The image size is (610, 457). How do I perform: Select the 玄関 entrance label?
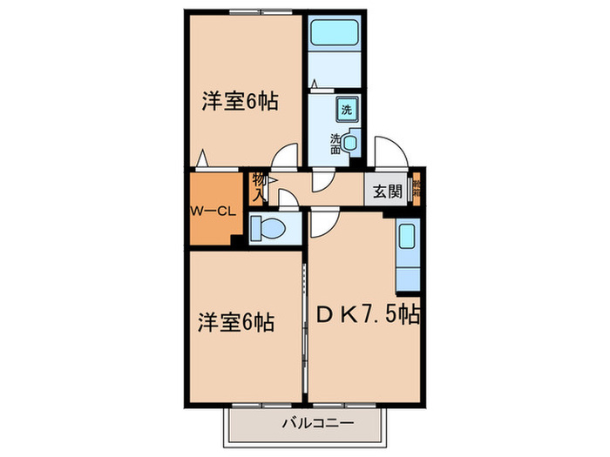pyautogui.click(x=388, y=192)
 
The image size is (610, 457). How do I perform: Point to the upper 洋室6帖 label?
pyautogui.click(x=240, y=102)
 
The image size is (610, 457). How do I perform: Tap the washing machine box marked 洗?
pyautogui.click(x=347, y=110)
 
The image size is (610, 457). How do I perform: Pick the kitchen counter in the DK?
pyautogui.click(x=407, y=256)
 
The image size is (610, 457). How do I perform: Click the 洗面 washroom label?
pyautogui.click(x=335, y=144)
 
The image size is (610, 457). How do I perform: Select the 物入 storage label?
pyautogui.click(x=259, y=187)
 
